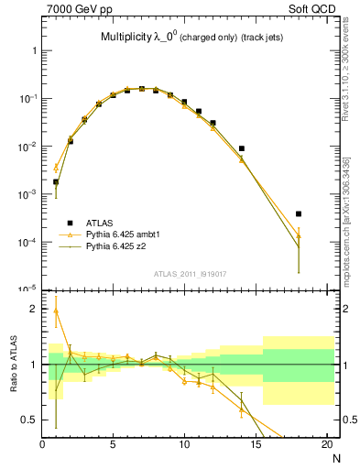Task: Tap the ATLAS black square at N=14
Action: coord(242,148)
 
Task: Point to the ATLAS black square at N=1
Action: coord(56,181)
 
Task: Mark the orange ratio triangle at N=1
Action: coord(56,311)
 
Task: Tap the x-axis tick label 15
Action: coord(256,445)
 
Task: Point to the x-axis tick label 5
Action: coord(113,445)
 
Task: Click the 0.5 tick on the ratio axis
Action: coord(31,420)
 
